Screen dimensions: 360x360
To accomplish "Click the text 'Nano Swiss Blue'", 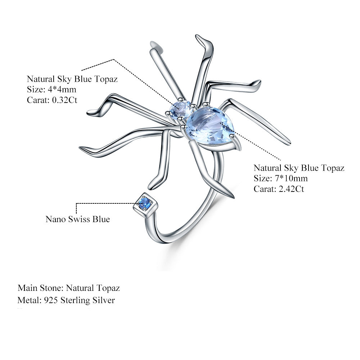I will [x=77, y=219].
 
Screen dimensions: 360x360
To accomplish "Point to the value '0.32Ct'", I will [x=65, y=100].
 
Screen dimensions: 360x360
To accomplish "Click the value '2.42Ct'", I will [x=292, y=189].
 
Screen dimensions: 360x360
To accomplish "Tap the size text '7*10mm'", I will [x=291, y=179].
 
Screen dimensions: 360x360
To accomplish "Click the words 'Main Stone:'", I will [x=40, y=288].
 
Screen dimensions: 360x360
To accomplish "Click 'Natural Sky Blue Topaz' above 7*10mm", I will [x=299, y=168].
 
